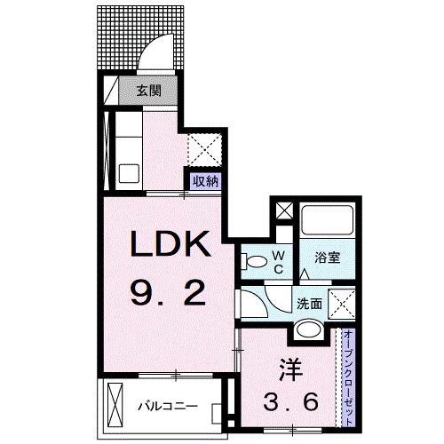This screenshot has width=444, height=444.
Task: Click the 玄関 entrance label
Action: pos(148,90)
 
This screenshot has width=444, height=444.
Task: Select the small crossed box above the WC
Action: pos(283,212)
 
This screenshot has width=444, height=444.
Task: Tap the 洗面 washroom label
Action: pos(310,302)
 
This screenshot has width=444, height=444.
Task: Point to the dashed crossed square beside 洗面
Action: pos(341,302)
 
